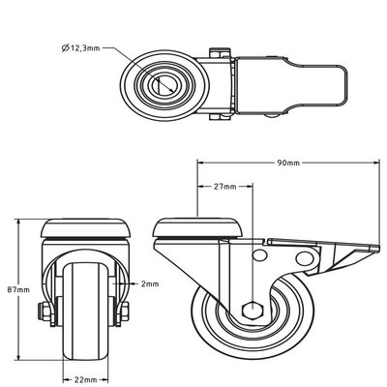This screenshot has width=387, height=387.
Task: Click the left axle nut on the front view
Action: pos(44,311)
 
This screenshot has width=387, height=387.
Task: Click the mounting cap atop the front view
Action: pos(85,228)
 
